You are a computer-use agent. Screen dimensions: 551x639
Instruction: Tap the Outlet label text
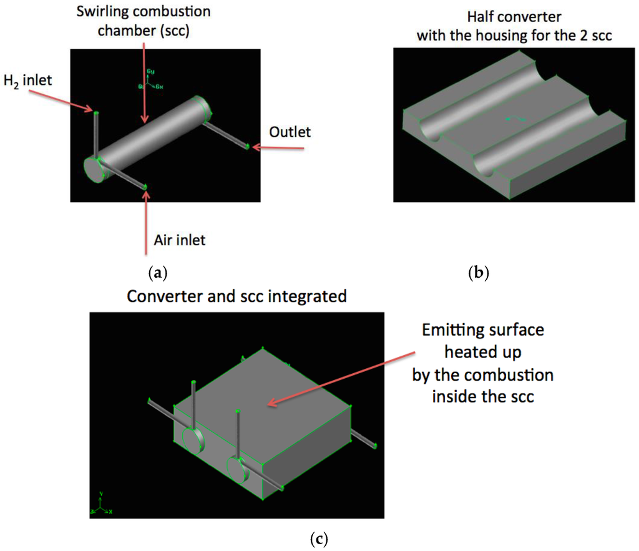click(x=290, y=132)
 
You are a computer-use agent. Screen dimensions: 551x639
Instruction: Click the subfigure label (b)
click(x=479, y=273)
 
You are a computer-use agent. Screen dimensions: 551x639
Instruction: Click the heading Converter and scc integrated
click(x=237, y=296)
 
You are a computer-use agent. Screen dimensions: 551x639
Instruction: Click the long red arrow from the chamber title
click(x=144, y=81)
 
